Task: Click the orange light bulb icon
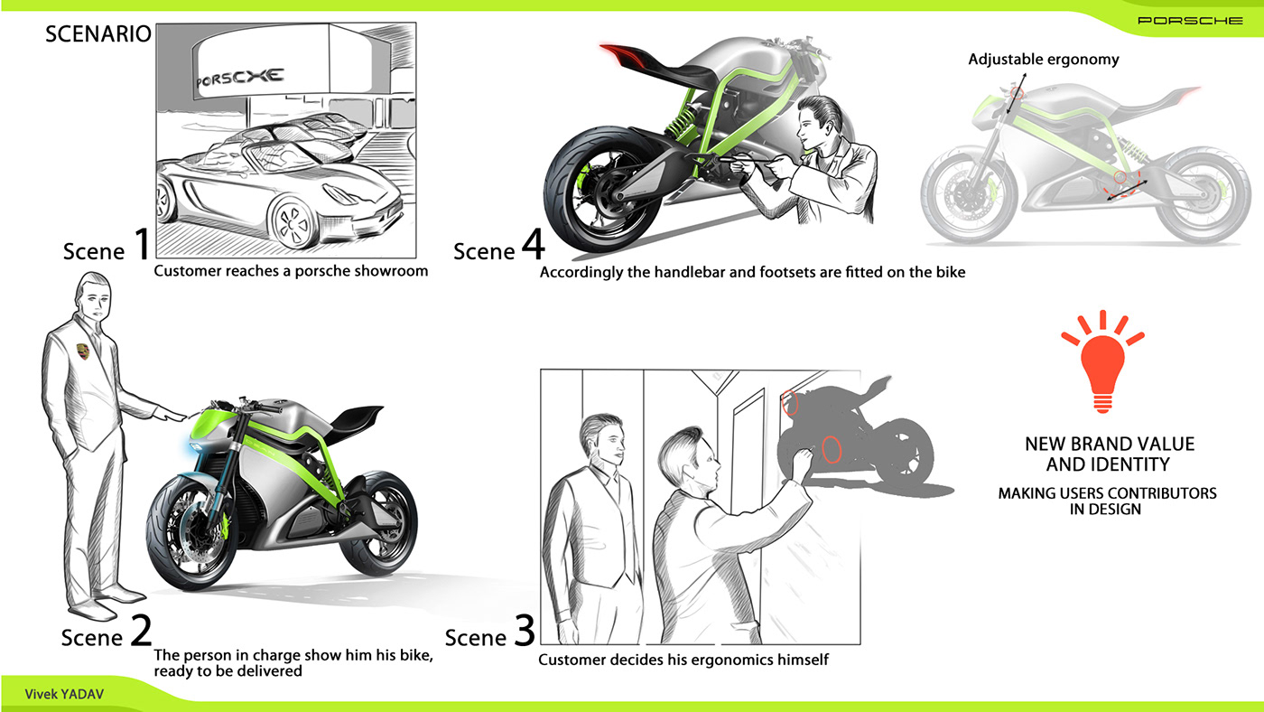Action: (x=1102, y=361)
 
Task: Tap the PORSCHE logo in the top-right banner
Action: (x=1190, y=21)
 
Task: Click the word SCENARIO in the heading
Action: (x=98, y=33)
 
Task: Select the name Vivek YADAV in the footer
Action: (x=64, y=694)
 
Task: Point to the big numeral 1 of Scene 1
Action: (x=143, y=243)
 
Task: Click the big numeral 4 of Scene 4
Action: (x=533, y=243)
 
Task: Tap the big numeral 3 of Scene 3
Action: (x=525, y=630)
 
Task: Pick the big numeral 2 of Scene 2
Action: (x=141, y=630)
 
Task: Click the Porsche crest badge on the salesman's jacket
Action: (x=83, y=351)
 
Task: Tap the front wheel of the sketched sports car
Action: (x=293, y=223)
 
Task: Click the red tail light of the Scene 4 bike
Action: (x=622, y=53)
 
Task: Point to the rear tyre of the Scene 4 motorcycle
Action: (x=601, y=190)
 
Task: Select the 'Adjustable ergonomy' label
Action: (x=1044, y=60)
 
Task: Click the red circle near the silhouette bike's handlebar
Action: (x=790, y=403)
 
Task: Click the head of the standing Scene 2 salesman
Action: (x=94, y=297)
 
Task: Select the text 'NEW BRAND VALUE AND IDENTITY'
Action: (x=1110, y=454)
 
